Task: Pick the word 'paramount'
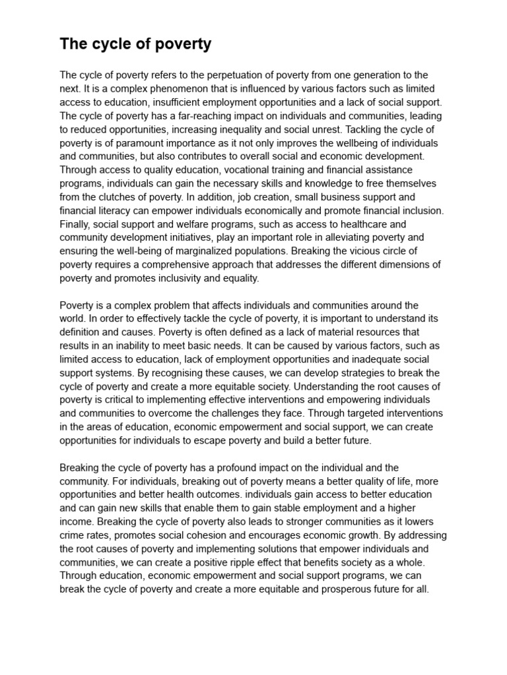[135, 144]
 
